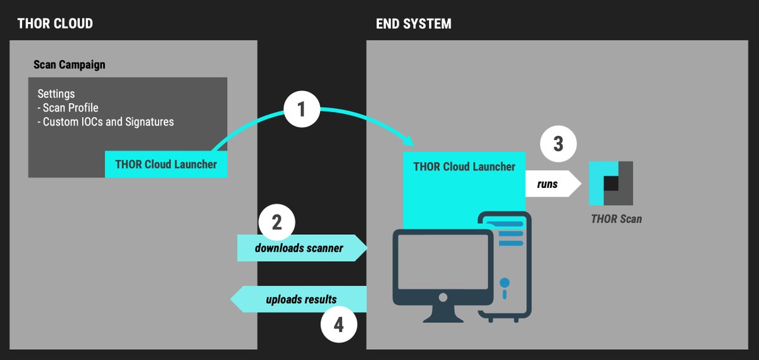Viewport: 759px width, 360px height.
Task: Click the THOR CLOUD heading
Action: click(55, 24)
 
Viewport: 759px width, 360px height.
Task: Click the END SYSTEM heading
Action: click(414, 24)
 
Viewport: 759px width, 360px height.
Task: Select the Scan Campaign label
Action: click(69, 65)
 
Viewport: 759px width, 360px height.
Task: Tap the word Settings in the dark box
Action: click(56, 94)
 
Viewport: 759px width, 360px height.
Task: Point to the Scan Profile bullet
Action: click(68, 108)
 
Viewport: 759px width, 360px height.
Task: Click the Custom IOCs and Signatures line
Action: click(106, 121)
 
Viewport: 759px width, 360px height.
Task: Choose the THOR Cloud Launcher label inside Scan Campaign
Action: click(166, 164)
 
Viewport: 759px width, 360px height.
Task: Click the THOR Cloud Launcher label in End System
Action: click(464, 167)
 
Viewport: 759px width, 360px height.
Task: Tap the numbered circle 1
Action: click(301, 110)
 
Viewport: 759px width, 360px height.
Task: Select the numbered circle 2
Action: click(276, 223)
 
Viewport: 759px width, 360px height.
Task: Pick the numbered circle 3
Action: click(558, 144)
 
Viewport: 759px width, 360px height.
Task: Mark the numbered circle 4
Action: click(339, 325)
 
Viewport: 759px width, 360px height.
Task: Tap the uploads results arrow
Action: click(299, 299)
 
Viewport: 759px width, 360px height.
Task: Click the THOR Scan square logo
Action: click(610, 183)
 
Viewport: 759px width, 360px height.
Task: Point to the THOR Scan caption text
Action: click(616, 220)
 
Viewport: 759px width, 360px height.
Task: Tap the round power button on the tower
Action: click(504, 282)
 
